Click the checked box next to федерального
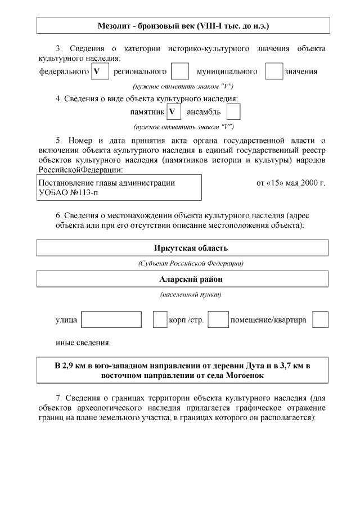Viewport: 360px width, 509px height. [x=100, y=71]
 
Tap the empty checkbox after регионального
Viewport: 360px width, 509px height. [x=179, y=71]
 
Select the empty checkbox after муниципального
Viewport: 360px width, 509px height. [x=274, y=71]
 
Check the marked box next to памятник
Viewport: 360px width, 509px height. [x=174, y=111]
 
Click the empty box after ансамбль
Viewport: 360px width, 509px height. [x=233, y=111]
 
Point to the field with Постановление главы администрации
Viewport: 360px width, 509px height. [x=119, y=187]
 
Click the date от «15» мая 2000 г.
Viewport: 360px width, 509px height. [x=290, y=183]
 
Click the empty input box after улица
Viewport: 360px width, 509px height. [x=111, y=319]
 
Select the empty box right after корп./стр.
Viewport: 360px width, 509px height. [x=218, y=319]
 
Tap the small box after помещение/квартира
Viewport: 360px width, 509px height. [x=320, y=319]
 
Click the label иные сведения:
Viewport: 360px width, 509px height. [x=83, y=342]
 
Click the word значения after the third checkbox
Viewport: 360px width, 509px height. [x=301, y=71]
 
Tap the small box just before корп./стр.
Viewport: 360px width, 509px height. [x=160, y=319]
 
